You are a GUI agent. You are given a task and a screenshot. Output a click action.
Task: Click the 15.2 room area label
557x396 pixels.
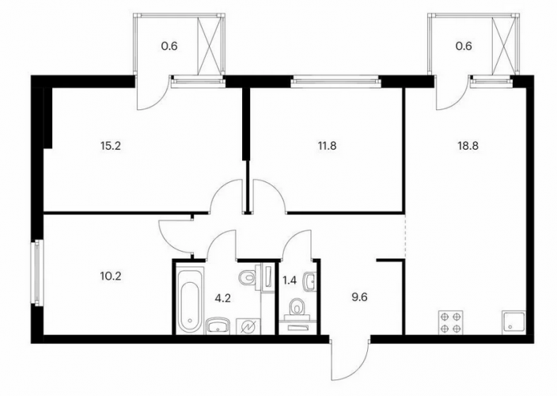coord(112,146)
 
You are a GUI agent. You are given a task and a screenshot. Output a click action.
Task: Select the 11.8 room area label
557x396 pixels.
coord(328,146)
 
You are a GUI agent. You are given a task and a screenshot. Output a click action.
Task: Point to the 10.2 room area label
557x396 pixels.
coord(112,276)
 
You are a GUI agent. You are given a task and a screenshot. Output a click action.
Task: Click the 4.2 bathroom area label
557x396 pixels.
coord(223,298)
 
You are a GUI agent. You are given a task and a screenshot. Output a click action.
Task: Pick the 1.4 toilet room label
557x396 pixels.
coord(289,280)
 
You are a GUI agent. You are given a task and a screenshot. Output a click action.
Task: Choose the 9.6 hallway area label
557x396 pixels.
coord(359,297)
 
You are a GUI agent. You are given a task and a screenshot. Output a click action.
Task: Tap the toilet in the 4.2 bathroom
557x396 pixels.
coord(248,276)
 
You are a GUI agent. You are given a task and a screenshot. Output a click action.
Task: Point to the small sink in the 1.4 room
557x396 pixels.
coord(310,281)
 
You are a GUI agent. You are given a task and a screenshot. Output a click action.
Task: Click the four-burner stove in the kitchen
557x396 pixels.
coord(451,323)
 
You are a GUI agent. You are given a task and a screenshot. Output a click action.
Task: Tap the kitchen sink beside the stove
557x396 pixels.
coord(514,323)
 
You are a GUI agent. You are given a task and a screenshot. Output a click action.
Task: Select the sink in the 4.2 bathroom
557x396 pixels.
coord(218,326)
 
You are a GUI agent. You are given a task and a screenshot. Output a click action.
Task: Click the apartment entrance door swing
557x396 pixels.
coord(350,358)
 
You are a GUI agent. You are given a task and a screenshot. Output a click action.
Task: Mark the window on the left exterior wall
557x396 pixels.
coord(37,272)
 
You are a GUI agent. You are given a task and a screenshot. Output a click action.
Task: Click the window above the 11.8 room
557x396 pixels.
coord(335,82)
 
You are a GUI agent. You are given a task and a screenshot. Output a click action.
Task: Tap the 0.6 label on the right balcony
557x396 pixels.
coord(464,46)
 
